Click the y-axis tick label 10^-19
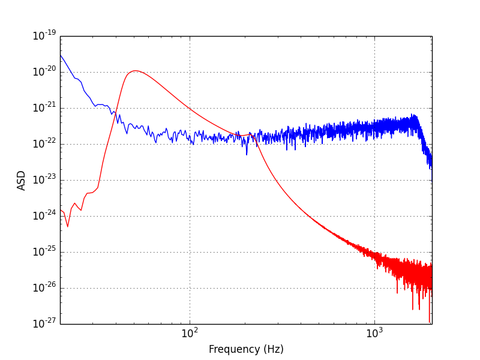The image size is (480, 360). click(44, 36)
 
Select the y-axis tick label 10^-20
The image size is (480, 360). click(44, 72)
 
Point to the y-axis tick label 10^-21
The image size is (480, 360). click(44, 108)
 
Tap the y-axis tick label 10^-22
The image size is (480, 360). click(44, 144)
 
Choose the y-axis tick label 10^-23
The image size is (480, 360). click(44, 180)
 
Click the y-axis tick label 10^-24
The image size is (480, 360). click(44, 216)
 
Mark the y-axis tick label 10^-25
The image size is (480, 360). click(44, 252)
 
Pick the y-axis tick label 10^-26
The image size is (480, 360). click(44, 288)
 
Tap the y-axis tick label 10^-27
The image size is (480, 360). click(44, 324)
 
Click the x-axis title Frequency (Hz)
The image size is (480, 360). click(246, 349)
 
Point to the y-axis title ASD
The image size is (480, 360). click(22, 180)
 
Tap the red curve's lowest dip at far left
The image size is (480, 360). click(68, 226)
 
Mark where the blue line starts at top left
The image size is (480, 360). click(61, 55)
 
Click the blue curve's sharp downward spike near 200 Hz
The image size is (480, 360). click(247, 154)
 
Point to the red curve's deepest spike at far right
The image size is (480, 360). click(429, 322)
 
